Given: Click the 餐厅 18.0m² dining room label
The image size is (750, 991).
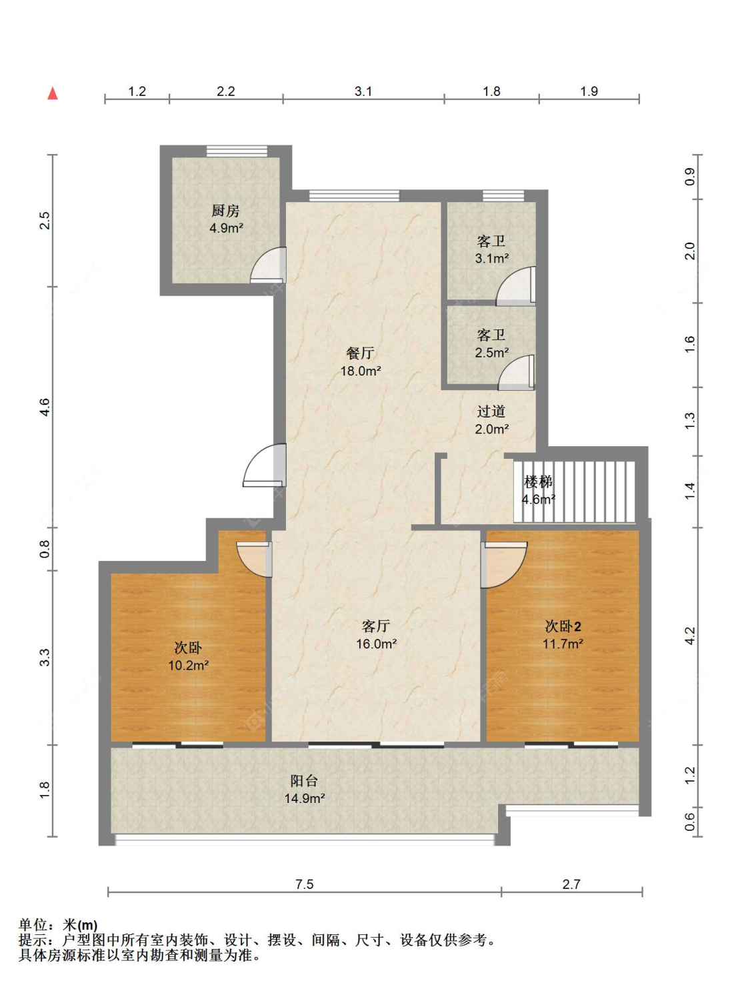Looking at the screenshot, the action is pos(361,361).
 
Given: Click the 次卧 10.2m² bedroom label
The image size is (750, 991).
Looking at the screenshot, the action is pos(188,656).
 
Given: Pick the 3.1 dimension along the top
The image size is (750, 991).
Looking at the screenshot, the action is pos(363,91).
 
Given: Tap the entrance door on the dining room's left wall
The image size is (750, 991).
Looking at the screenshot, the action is pos(265,465).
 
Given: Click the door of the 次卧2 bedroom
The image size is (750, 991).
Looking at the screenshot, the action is pos(503,565).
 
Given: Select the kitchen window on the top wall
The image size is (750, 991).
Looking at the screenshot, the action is pos(237,151).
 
